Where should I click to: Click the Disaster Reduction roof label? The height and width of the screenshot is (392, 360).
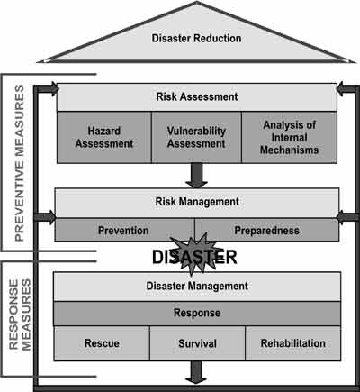pos(196,38)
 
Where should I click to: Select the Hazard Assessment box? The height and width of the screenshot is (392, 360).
pos(104,137)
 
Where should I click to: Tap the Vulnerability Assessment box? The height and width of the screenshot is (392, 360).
pos(196,137)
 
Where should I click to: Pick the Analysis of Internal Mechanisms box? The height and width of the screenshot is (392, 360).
pos(289,137)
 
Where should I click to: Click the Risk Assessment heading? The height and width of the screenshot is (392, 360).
pos(197,96)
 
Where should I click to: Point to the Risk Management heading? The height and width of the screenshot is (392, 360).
pos(197,202)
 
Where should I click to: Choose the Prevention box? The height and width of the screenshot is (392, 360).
pos(124,230)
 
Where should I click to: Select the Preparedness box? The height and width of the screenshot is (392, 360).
pos(267,230)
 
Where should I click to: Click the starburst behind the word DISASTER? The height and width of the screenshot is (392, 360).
pos(195,254)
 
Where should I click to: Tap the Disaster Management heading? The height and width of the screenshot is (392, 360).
pos(197,286)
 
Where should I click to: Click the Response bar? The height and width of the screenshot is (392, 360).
pos(197,314)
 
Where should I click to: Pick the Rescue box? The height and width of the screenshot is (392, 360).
pos(102,343)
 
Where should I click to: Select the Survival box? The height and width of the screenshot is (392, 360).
pos(197,343)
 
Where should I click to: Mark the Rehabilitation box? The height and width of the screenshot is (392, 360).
pos(293,343)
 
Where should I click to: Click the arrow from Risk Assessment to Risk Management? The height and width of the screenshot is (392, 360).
pos(196,176)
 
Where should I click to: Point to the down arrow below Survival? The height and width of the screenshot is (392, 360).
pos(196,372)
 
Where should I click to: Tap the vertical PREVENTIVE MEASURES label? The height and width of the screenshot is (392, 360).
pos(20,163)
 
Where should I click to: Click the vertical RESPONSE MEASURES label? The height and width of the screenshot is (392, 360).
pos(20,315)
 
